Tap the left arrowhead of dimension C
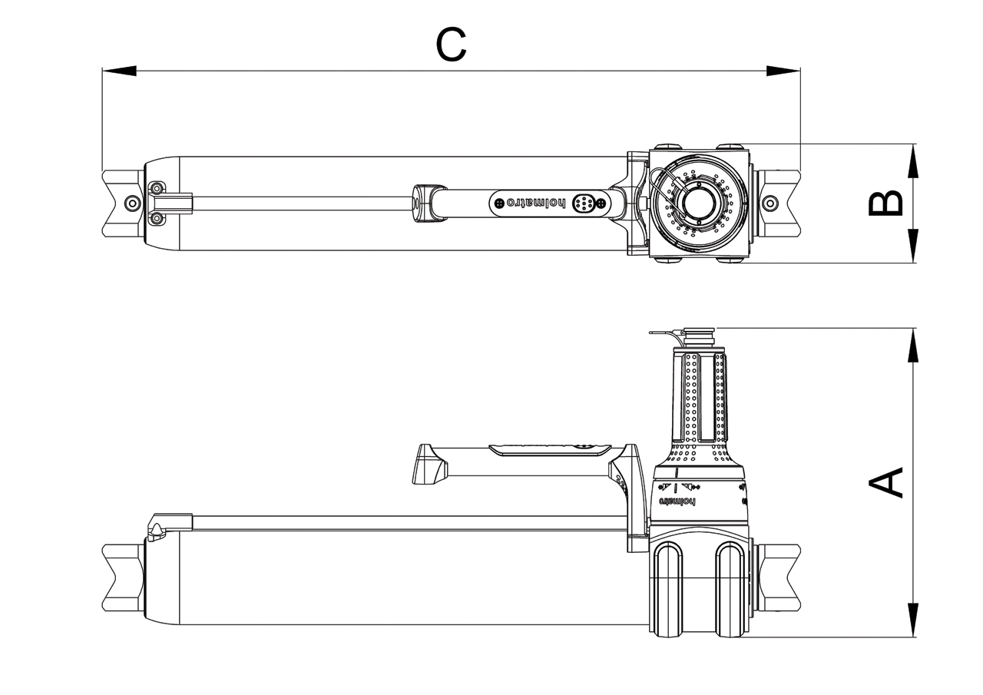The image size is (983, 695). (118, 71)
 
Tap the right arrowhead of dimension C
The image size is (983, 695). (783, 71)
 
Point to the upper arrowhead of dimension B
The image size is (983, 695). (912, 161)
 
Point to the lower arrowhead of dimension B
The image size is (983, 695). (912, 247)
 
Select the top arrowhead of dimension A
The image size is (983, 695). (912, 345)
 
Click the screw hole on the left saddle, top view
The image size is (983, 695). (133, 203)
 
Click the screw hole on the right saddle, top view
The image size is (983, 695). (771, 203)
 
